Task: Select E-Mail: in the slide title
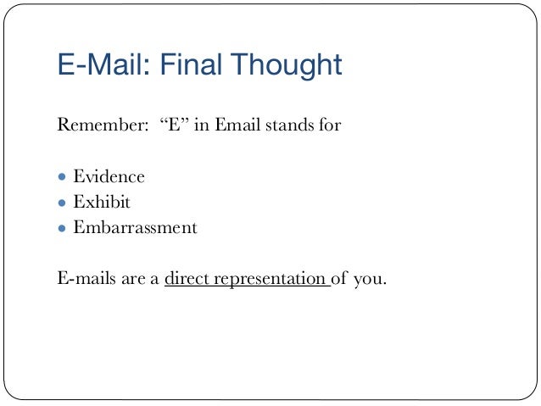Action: click(96, 64)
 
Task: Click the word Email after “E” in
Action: click(240, 127)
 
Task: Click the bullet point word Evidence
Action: click(109, 177)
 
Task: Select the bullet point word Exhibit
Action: click(102, 203)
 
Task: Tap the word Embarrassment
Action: click(135, 228)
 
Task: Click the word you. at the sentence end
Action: click(370, 279)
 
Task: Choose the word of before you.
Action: click(340, 278)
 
